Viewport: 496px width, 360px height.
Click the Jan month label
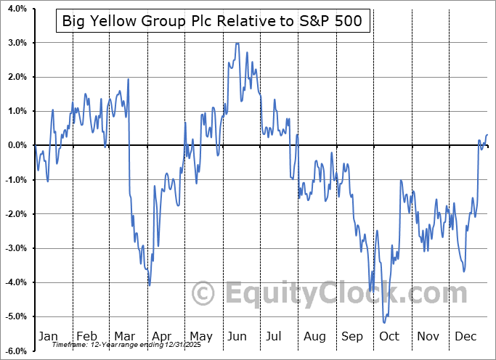(47, 337)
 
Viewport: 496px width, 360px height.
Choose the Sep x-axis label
(353, 337)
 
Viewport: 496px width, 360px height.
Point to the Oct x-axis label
(390, 337)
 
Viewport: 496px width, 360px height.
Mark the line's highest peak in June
(237, 44)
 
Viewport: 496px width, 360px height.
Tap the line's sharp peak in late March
(128, 79)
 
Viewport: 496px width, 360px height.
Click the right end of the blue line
(487, 134)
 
